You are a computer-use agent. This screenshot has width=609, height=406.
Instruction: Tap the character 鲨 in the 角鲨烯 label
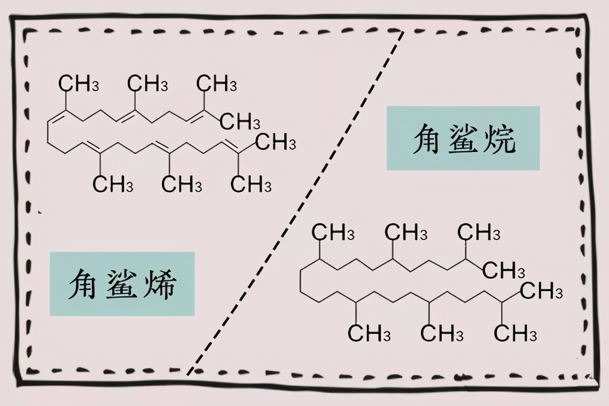123,284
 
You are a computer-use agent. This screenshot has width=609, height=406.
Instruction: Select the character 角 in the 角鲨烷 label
427,138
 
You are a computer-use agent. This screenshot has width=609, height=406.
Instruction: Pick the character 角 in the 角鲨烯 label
86,284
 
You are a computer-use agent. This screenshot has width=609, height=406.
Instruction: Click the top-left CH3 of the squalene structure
79,84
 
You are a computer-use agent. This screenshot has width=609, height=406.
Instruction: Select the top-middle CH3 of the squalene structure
148,84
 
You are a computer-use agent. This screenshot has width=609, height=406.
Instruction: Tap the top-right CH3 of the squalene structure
217,84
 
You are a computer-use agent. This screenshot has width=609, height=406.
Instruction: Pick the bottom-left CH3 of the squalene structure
113,184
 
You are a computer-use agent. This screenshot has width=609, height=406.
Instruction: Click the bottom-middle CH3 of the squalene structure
182,184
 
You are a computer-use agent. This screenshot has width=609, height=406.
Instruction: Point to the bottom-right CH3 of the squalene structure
251,184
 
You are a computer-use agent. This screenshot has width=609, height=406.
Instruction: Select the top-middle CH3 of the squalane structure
406,233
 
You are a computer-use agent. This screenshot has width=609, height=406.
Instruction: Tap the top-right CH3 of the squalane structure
479,233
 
